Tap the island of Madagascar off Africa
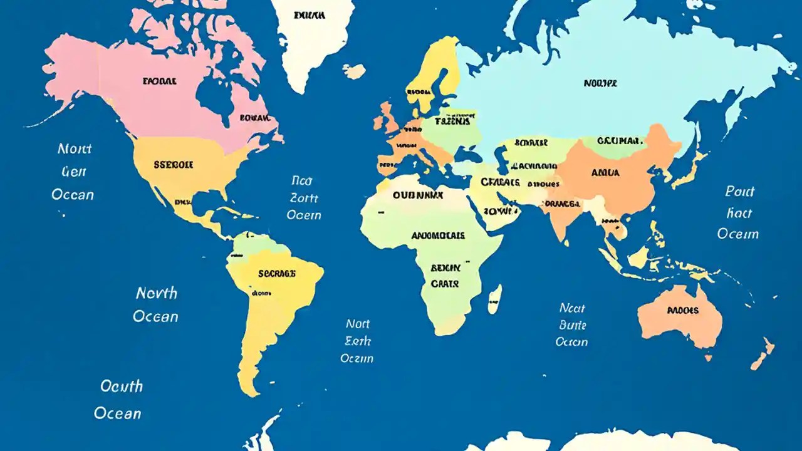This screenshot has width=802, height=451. pyautogui.click(x=494, y=299)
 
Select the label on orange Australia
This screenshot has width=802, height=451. pyautogui.click(x=683, y=310)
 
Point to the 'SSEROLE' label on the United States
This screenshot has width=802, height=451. pyautogui.click(x=173, y=165)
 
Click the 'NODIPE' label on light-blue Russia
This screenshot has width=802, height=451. pyautogui.click(x=600, y=83)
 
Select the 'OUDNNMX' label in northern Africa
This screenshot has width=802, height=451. pyautogui.click(x=418, y=195)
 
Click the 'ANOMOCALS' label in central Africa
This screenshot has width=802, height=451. pyautogui.click(x=438, y=236)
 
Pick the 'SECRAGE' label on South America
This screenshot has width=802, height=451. pyautogui.click(x=276, y=273)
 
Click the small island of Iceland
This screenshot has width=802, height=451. pyautogui.click(x=355, y=71)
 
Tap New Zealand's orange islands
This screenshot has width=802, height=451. pyautogui.click(x=763, y=354)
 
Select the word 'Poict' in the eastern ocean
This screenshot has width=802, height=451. pyautogui.click(x=739, y=192)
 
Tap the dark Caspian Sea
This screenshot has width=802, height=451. pyautogui.click(x=502, y=160)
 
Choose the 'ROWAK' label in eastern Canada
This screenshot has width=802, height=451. pyautogui.click(x=254, y=117)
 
